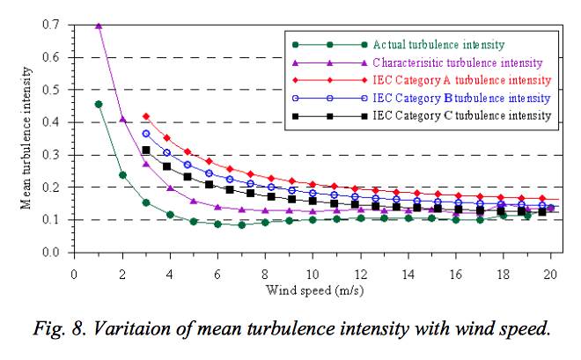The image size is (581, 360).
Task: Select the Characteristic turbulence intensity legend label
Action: point(456,62)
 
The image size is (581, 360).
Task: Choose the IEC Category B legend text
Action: point(461,98)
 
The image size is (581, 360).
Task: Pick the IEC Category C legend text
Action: point(461,115)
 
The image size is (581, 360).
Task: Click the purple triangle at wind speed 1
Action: point(99,26)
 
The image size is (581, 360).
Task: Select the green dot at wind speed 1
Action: point(99,104)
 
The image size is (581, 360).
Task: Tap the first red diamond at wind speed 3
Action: point(146,116)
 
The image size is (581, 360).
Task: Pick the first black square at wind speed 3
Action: point(146,150)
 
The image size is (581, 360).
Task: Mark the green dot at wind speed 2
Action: point(122,175)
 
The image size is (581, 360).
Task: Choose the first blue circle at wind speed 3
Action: point(146,133)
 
